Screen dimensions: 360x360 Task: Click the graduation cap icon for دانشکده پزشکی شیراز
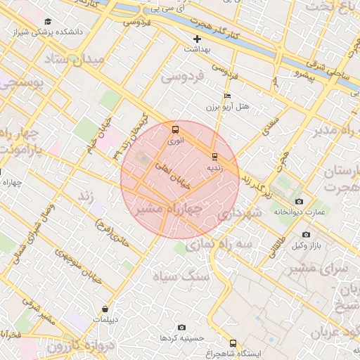click(x=47, y=22)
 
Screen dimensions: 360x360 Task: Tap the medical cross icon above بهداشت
click(x=198, y=39)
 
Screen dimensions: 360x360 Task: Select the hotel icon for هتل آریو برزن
click(x=226, y=96)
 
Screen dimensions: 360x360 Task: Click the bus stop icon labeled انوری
click(x=175, y=129)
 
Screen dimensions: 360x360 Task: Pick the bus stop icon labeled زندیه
click(x=214, y=156)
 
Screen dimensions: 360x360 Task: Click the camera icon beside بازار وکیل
click(x=306, y=234)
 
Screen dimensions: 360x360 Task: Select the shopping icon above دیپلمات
click(x=105, y=309)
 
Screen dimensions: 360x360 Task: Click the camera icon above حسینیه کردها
click(x=182, y=327)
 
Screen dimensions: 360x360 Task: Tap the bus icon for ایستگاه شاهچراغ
click(x=233, y=342)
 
